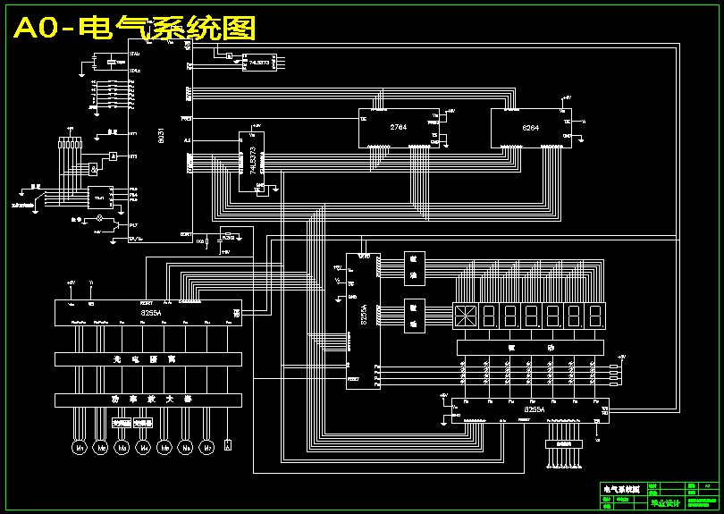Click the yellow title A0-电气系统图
[x=134, y=29]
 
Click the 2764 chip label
[x=399, y=128]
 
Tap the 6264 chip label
[x=531, y=128]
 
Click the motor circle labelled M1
[x=79, y=446]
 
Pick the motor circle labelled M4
[x=143, y=446]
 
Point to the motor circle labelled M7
[x=207, y=446]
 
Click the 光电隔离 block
[x=148, y=358]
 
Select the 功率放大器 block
[x=148, y=400]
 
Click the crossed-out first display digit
[x=465, y=316]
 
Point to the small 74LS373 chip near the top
[x=261, y=63]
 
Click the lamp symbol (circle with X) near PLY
[x=100, y=217]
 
